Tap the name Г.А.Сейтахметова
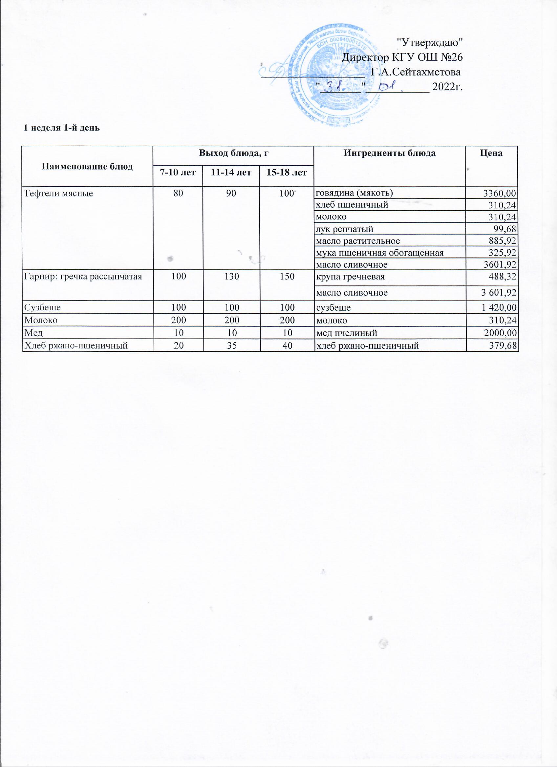click(x=416, y=73)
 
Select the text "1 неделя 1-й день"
click(x=61, y=128)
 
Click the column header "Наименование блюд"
click(x=87, y=166)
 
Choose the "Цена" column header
click(x=491, y=153)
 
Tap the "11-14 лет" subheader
click(x=231, y=173)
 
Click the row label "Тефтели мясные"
click(x=58, y=194)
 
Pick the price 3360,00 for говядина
click(x=500, y=194)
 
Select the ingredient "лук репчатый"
click(x=344, y=229)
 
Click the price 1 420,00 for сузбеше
click(x=499, y=308)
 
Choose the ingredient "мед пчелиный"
click(x=347, y=333)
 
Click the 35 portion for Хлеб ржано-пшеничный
click(x=232, y=346)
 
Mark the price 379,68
click(x=502, y=346)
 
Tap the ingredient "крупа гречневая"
click(x=350, y=277)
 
